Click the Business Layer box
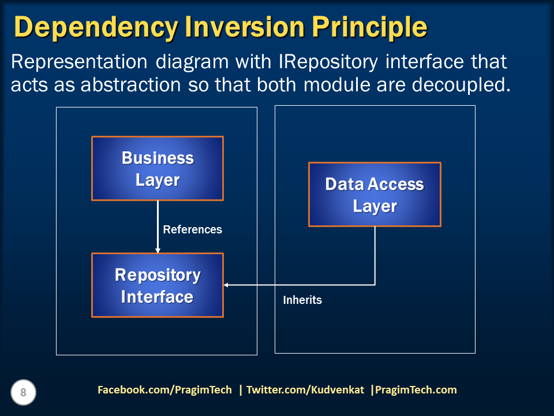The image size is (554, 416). [x=158, y=168]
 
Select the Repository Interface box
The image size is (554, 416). [x=158, y=285]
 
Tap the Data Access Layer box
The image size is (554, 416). [x=375, y=194]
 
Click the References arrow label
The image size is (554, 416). [x=193, y=229]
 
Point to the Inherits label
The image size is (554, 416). [x=302, y=300]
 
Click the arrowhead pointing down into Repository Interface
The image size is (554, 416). [x=158, y=250]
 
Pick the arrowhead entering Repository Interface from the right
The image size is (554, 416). [x=226, y=285]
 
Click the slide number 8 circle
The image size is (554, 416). [x=23, y=392]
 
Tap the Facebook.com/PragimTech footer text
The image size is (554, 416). [x=164, y=390]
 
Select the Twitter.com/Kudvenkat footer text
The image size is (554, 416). [x=305, y=390]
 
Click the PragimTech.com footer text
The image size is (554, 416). [x=416, y=390]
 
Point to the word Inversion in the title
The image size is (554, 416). [x=245, y=27]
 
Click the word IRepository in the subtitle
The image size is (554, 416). [x=328, y=62]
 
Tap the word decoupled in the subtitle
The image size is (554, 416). [x=462, y=86]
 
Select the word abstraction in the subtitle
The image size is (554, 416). [x=131, y=86]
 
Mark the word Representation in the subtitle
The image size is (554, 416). [x=79, y=62]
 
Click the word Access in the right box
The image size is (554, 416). [x=396, y=184]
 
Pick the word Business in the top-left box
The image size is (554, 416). [x=158, y=158]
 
